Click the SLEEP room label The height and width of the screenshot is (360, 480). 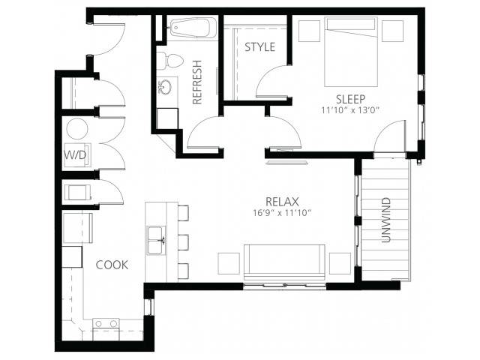click(x=350, y=99)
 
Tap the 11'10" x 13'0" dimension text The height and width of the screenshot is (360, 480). click(x=350, y=110)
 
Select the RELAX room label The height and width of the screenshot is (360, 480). click(x=282, y=202)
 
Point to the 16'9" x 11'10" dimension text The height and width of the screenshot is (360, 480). click(x=282, y=213)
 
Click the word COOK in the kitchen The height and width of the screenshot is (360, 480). click(x=112, y=265)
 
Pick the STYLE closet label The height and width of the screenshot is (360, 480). click(x=260, y=47)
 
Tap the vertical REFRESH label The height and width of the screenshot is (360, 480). click(x=197, y=82)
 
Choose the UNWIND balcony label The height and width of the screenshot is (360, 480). click(x=386, y=220)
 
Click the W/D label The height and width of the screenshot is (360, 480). click(x=75, y=155)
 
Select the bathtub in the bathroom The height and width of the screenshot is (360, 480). click(x=193, y=28)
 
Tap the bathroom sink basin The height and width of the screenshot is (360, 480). click(x=166, y=87)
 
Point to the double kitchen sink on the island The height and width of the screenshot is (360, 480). click(x=156, y=241)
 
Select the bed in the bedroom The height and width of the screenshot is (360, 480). click(x=351, y=52)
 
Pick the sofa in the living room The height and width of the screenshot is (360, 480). click(x=284, y=262)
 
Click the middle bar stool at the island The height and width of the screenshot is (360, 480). click(x=183, y=242)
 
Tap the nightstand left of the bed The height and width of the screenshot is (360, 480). click(x=309, y=31)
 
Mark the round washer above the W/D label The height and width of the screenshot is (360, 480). click(x=77, y=129)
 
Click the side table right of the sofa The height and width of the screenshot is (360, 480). click(x=340, y=263)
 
